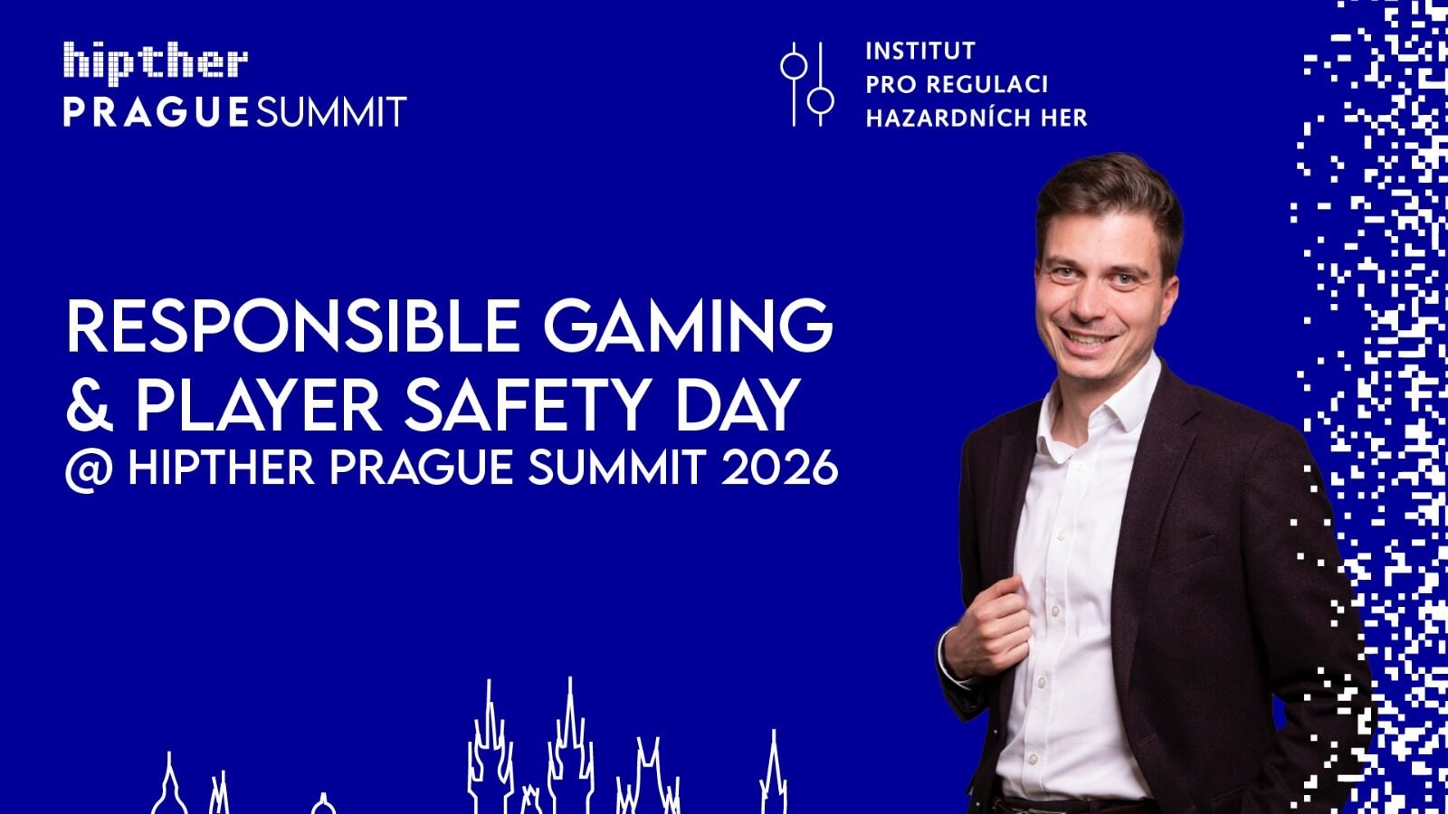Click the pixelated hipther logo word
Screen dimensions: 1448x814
(156, 62)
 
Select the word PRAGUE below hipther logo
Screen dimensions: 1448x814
(156, 112)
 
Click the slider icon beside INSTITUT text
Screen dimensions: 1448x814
(807, 84)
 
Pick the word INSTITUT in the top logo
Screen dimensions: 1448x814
(920, 51)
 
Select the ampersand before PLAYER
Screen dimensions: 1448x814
(90, 405)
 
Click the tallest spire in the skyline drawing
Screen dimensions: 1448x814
(569, 743)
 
